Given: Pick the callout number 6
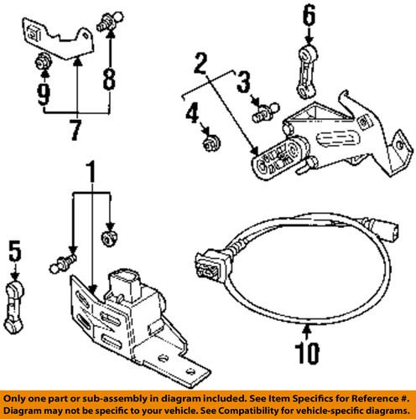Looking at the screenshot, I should point(309,14).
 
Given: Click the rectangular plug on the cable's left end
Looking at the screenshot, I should point(209,261).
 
